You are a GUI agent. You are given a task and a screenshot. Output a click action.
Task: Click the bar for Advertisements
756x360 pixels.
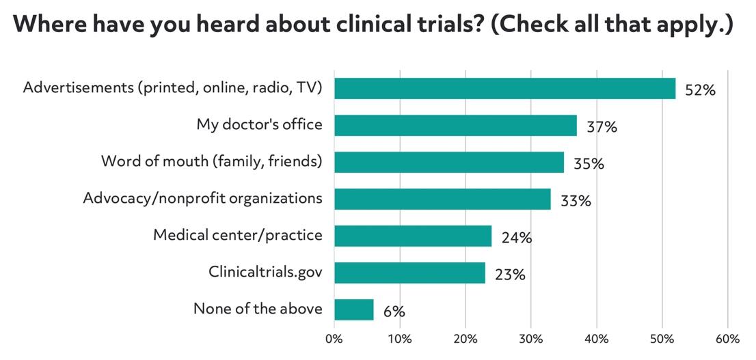pyautogui.click(x=504, y=89)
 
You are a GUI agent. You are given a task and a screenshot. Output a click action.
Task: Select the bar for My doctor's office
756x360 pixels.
pyautogui.click(x=455, y=126)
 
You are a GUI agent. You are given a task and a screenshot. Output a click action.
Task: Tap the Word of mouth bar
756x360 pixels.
pyautogui.click(x=449, y=163)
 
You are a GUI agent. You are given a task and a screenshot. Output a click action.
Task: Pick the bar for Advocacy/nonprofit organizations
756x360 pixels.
pyautogui.click(x=442, y=199)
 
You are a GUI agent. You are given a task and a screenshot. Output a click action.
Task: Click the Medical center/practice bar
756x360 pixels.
pyautogui.click(x=413, y=236)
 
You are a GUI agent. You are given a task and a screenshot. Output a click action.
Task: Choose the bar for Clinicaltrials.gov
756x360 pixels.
pyautogui.click(x=409, y=273)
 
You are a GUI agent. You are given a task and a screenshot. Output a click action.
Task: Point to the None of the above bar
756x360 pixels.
pyautogui.click(x=354, y=309)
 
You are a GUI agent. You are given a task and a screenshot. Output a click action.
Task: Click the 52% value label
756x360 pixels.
pyautogui.click(x=700, y=90)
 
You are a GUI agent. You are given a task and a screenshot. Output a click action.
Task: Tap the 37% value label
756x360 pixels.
pyautogui.click(x=602, y=127)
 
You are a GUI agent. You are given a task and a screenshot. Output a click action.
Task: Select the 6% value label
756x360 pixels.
pyautogui.click(x=394, y=311)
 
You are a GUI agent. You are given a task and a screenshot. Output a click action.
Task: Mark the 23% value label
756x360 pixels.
pyautogui.click(x=510, y=275)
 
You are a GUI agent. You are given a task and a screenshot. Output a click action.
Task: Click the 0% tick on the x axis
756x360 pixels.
pyautogui.click(x=334, y=339)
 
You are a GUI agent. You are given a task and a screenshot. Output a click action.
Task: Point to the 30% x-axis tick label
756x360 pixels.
pyautogui.click(x=531, y=339)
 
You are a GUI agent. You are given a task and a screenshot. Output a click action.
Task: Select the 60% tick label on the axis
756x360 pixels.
pyautogui.click(x=727, y=339)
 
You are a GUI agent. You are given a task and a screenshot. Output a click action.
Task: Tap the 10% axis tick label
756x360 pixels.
pyautogui.click(x=400, y=339)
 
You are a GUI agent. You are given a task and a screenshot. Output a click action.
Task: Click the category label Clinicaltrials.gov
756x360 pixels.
pyautogui.click(x=265, y=273)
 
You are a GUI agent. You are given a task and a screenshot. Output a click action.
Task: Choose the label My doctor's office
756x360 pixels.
pyautogui.click(x=259, y=125)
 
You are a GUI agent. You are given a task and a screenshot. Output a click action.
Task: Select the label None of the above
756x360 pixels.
pyautogui.click(x=258, y=309)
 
